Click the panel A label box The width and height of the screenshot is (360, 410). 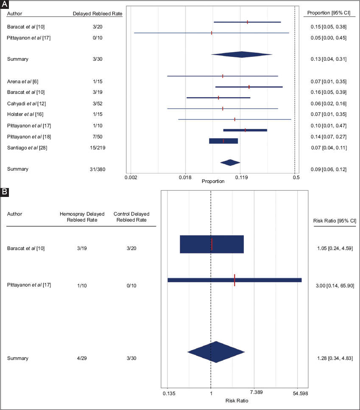4,4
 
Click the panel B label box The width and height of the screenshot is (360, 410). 4,192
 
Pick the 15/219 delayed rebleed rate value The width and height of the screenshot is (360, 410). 97,147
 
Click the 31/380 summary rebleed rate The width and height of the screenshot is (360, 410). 97,169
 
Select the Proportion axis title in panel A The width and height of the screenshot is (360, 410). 213,181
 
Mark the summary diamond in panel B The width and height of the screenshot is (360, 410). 216,352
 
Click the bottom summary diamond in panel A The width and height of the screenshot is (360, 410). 230,163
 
